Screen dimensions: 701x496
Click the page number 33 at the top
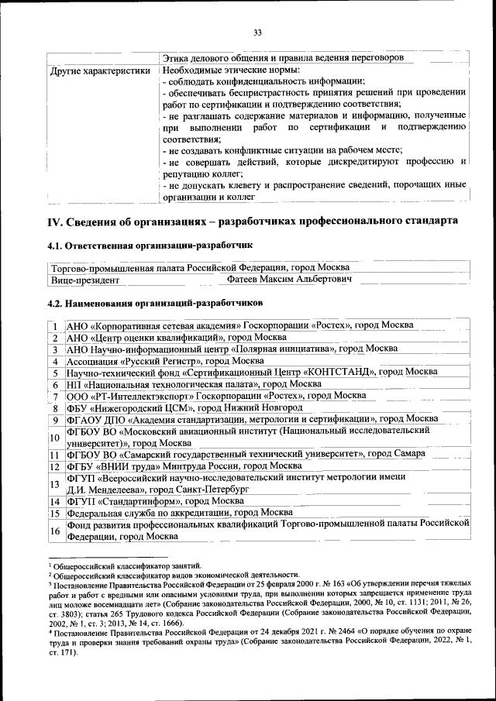click(x=258, y=32)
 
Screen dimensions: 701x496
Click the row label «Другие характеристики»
click(x=100, y=71)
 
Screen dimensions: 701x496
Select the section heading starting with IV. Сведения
click(x=253, y=221)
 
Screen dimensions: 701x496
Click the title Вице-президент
click(x=85, y=280)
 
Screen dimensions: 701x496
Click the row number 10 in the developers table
click(x=56, y=437)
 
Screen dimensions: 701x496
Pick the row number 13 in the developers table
click(x=56, y=484)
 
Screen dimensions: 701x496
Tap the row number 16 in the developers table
click(x=56, y=531)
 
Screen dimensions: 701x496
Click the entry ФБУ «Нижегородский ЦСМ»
click(x=184, y=407)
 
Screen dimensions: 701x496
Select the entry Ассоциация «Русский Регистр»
click(x=165, y=361)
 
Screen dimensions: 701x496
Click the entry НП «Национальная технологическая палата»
click(x=194, y=384)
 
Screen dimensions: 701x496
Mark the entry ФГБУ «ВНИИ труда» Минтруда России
click(x=184, y=466)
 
